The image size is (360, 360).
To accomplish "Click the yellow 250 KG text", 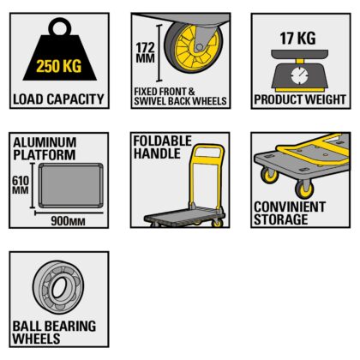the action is (x=58, y=66).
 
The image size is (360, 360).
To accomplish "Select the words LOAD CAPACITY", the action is (x=58, y=99).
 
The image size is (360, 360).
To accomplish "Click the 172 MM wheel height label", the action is (x=145, y=52).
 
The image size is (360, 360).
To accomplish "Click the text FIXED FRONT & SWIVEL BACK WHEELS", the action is (x=180, y=96).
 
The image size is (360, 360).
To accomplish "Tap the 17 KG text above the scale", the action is (x=297, y=39).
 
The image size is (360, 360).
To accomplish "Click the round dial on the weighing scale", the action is (x=299, y=75).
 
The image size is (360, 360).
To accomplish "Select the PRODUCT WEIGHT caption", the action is (x=300, y=99).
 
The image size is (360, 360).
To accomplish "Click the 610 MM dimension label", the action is (x=21, y=185).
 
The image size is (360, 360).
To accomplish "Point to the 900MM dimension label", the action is (x=68, y=221).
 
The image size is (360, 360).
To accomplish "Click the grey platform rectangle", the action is (x=70, y=185).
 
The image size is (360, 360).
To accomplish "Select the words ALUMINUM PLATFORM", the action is (x=45, y=148).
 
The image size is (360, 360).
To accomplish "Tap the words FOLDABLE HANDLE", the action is (x=163, y=147).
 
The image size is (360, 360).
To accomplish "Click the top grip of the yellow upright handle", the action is (x=208, y=147).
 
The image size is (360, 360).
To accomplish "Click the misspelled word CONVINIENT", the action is (x=290, y=207).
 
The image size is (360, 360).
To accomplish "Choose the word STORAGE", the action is (x=281, y=219).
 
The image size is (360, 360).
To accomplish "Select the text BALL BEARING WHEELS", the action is (x=54, y=332).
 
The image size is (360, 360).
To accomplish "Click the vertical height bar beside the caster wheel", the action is (x=159, y=52).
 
